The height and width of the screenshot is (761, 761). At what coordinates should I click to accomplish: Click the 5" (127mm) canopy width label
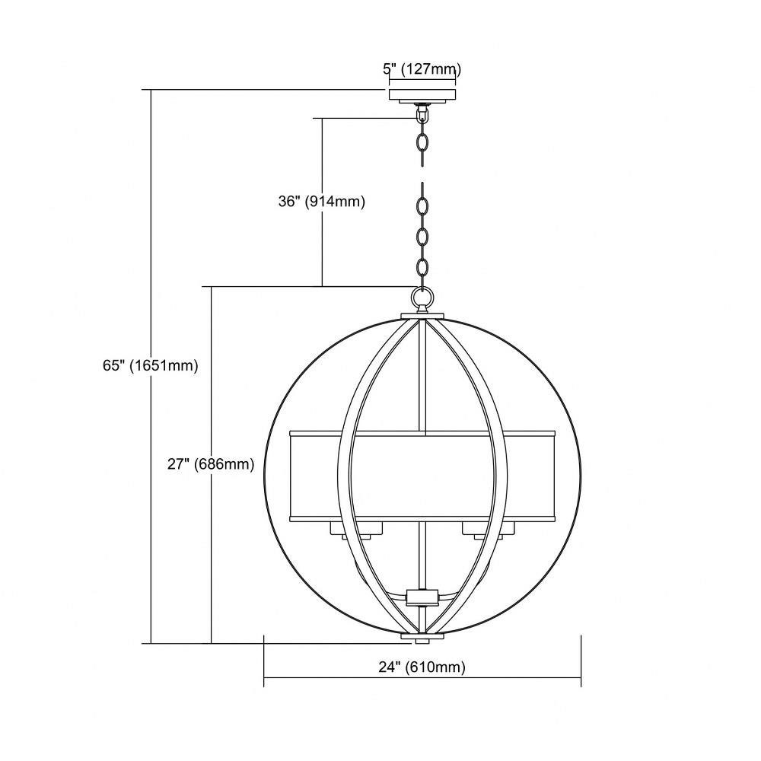tap(422, 69)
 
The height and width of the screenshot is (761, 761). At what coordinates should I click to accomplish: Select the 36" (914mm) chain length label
tap(321, 202)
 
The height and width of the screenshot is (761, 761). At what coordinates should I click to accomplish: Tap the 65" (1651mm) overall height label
tap(151, 365)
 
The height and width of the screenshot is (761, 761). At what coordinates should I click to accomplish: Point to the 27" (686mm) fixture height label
tap(211, 464)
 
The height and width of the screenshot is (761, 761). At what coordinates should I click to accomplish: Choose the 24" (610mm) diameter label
tap(422, 667)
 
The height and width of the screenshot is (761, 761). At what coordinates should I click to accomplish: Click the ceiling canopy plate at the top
tap(422, 96)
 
